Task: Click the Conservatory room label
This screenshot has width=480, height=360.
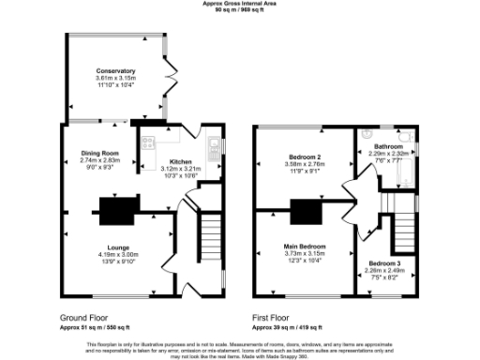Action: pos(116,70)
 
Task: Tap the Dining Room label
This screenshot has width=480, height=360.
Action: pos(97,153)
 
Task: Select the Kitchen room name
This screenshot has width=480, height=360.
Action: pos(180,160)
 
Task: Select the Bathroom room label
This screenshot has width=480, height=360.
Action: pos(388,147)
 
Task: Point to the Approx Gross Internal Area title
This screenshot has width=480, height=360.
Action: pos(240,4)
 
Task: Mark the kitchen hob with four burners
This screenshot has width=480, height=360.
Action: pos(147,142)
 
